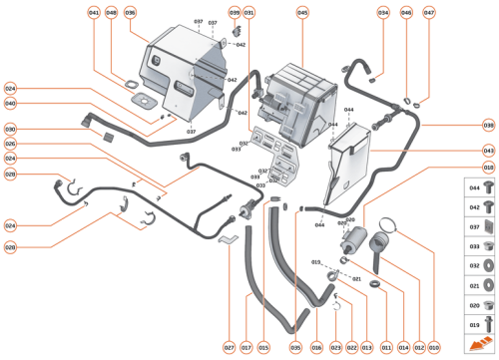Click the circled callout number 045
302,13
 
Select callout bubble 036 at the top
130,13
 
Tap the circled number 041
94,13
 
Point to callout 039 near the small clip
235,13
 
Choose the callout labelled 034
382,13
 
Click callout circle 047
429,13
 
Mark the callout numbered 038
488,126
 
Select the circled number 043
488,151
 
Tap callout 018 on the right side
488,171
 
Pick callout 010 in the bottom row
434,347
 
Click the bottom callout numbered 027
229,347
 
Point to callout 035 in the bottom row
295,347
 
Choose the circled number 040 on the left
10,104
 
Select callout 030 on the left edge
10,129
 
